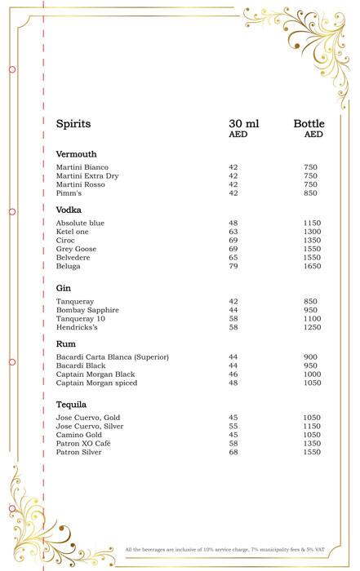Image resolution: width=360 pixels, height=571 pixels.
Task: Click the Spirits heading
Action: tap(73, 124)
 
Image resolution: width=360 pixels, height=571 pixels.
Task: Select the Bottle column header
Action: tap(309, 124)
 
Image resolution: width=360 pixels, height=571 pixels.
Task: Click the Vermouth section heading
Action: tap(76, 154)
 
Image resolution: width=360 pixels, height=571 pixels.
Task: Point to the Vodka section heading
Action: tap(69, 210)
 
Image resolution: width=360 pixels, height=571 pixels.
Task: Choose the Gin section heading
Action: tap(63, 288)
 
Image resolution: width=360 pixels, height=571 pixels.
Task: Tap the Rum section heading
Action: tap(65, 343)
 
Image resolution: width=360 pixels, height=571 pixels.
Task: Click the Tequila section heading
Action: tap(71, 405)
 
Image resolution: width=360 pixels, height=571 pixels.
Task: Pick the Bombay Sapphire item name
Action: tap(87, 310)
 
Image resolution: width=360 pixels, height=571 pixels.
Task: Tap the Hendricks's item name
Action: tap(78, 327)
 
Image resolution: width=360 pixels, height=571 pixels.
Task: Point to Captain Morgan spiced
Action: tap(96, 383)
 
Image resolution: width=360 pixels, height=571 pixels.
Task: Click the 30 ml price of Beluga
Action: tap(233, 266)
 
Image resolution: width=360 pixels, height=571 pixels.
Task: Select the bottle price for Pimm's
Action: tap(310, 193)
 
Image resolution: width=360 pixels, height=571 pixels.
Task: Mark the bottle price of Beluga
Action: tap(313, 266)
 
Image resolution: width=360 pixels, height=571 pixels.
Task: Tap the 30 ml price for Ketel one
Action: tap(233, 232)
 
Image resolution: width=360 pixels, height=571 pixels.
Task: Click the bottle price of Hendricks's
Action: tap(313, 327)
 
